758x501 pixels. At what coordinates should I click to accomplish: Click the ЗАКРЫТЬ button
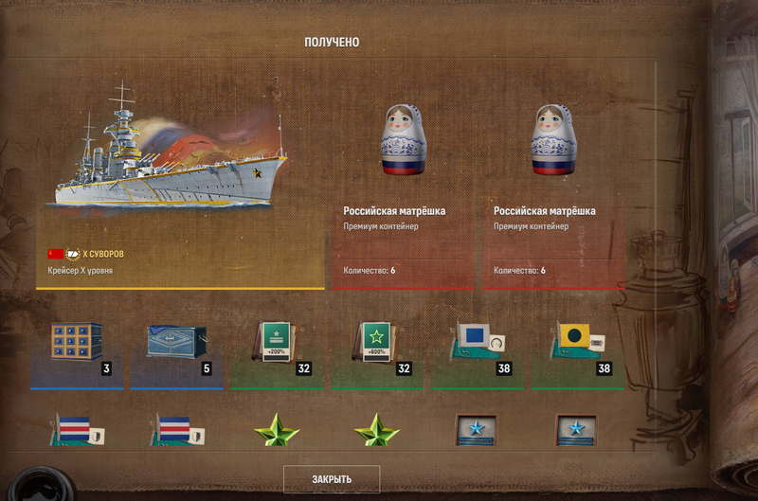click(x=332, y=479)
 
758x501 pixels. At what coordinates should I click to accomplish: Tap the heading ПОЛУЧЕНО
click(x=332, y=43)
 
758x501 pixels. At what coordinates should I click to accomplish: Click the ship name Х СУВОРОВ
click(x=103, y=254)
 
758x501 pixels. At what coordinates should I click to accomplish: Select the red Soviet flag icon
click(x=56, y=254)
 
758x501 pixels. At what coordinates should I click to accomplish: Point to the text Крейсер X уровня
click(x=81, y=271)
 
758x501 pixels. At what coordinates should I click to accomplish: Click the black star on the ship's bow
click(x=257, y=173)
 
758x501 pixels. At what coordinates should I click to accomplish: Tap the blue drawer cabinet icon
click(x=77, y=341)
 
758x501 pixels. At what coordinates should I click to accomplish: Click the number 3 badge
click(x=106, y=368)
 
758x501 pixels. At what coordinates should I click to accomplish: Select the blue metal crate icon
click(x=176, y=342)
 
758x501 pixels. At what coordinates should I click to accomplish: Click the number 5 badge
click(x=207, y=368)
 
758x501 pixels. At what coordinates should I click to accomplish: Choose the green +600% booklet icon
click(x=376, y=342)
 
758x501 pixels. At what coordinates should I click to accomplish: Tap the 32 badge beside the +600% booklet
click(x=404, y=368)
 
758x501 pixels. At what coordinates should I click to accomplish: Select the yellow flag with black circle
click(x=574, y=335)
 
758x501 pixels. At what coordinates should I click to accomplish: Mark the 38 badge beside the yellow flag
click(x=604, y=368)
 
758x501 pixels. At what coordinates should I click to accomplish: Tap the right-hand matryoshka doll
click(x=553, y=139)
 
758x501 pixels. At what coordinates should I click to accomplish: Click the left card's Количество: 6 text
click(x=370, y=271)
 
